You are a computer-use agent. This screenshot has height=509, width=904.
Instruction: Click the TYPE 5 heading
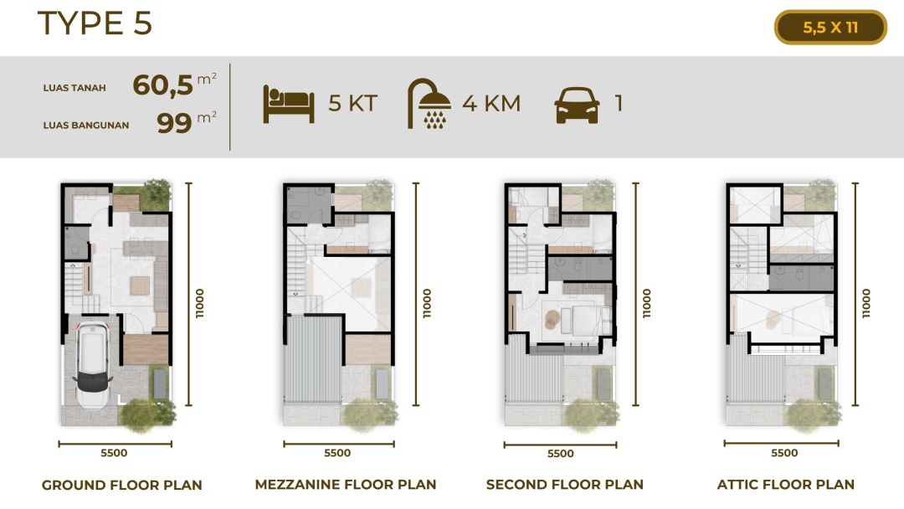95,23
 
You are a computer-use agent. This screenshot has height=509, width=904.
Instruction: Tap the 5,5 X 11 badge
830,27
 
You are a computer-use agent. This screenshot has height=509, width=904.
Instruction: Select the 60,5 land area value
162,85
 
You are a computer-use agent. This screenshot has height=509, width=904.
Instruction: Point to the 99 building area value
174,123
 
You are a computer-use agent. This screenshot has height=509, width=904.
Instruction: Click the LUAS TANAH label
74,88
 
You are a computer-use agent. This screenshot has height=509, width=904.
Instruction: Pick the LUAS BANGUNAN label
86,125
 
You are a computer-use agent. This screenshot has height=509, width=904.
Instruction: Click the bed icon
288,104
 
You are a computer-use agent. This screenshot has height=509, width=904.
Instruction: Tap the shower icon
429,103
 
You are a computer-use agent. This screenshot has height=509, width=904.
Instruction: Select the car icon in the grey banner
577,105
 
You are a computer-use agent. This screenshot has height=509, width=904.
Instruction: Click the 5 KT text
353,104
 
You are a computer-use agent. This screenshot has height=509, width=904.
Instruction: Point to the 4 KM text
491,104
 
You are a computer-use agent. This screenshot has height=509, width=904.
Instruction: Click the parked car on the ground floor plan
92,364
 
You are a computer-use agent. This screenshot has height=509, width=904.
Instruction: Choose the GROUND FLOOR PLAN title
121,486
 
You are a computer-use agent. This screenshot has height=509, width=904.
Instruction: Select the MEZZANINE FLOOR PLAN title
346,485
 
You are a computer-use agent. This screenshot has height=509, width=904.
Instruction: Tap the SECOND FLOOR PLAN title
564,485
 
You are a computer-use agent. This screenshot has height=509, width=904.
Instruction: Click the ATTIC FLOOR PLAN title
785,485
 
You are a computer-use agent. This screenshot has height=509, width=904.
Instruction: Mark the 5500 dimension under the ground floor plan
114,453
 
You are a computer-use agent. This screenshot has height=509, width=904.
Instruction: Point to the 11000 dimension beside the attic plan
866,303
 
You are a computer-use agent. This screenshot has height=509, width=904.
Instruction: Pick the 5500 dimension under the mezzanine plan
337,453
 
